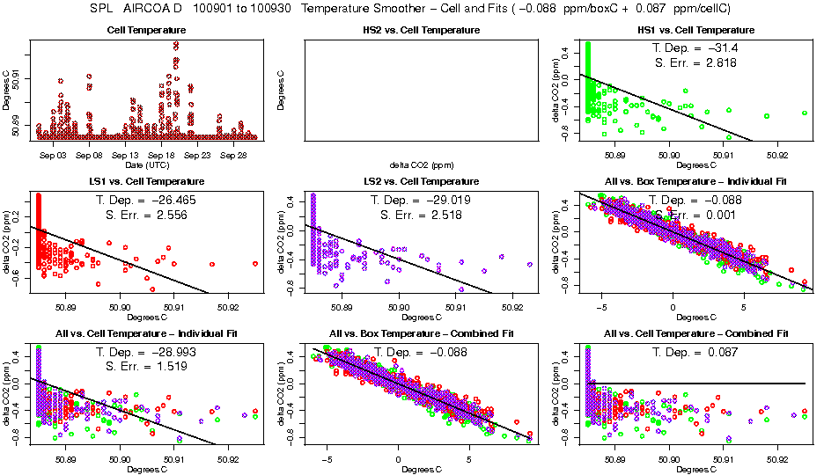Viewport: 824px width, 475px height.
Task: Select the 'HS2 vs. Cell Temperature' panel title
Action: coord(422,31)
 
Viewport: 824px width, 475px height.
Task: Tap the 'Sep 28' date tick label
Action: coord(233,155)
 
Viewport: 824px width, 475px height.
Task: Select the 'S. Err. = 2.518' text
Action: coord(422,215)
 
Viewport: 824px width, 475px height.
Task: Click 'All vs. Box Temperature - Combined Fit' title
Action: coord(422,333)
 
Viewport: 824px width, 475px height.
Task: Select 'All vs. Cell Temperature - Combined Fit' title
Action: coord(695,333)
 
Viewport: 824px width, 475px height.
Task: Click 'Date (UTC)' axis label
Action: coord(147,164)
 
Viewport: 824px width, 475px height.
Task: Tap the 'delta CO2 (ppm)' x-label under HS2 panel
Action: coord(422,164)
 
